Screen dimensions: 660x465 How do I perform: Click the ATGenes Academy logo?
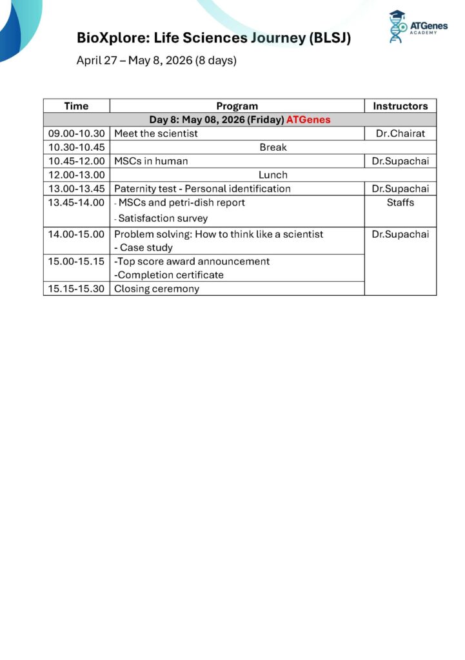[x=418, y=27]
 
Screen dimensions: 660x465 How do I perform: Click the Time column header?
[x=76, y=106]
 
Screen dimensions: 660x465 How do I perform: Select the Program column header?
[x=237, y=106]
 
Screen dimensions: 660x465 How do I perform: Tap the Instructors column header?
[x=400, y=106]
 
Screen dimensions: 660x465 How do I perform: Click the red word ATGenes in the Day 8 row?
[x=308, y=120]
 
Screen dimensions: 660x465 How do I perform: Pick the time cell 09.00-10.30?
[x=76, y=133]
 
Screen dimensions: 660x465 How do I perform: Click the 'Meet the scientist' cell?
[x=156, y=133]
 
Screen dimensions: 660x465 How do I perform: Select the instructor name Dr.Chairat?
[x=400, y=133]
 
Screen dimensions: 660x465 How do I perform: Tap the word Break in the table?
[x=273, y=147]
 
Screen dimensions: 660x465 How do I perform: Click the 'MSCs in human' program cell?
[x=151, y=161]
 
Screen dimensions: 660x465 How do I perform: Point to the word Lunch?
[x=273, y=175]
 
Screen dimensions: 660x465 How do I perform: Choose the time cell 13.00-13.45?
[x=76, y=188]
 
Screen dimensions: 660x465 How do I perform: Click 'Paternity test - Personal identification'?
[x=203, y=188]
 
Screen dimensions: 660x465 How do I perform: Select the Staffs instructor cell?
[x=400, y=202]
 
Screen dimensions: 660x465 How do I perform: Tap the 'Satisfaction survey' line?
[x=163, y=218]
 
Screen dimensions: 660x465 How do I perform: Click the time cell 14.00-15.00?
[x=76, y=234]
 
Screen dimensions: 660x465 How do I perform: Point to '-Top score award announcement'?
[x=192, y=261]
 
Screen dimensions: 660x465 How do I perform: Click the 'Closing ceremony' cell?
[x=157, y=289]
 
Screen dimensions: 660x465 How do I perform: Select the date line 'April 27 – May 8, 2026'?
[x=146, y=61]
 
